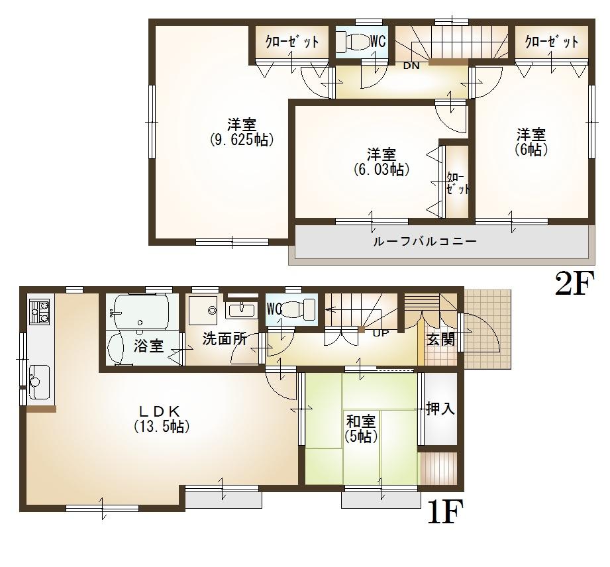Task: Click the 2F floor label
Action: [572, 285]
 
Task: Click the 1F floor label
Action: [442, 512]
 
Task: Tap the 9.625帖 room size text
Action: [242, 140]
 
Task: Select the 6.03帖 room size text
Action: [381, 170]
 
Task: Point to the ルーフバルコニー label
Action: [425, 241]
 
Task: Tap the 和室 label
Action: [361, 421]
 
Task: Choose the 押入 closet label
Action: [440, 409]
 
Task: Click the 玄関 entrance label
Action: [440, 340]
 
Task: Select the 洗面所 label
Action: [225, 339]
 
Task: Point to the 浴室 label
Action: [148, 345]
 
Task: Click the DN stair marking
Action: [411, 65]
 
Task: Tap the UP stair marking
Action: [381, 333]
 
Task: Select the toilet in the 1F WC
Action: [301, 309]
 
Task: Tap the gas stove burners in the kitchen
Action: [39, 311]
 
